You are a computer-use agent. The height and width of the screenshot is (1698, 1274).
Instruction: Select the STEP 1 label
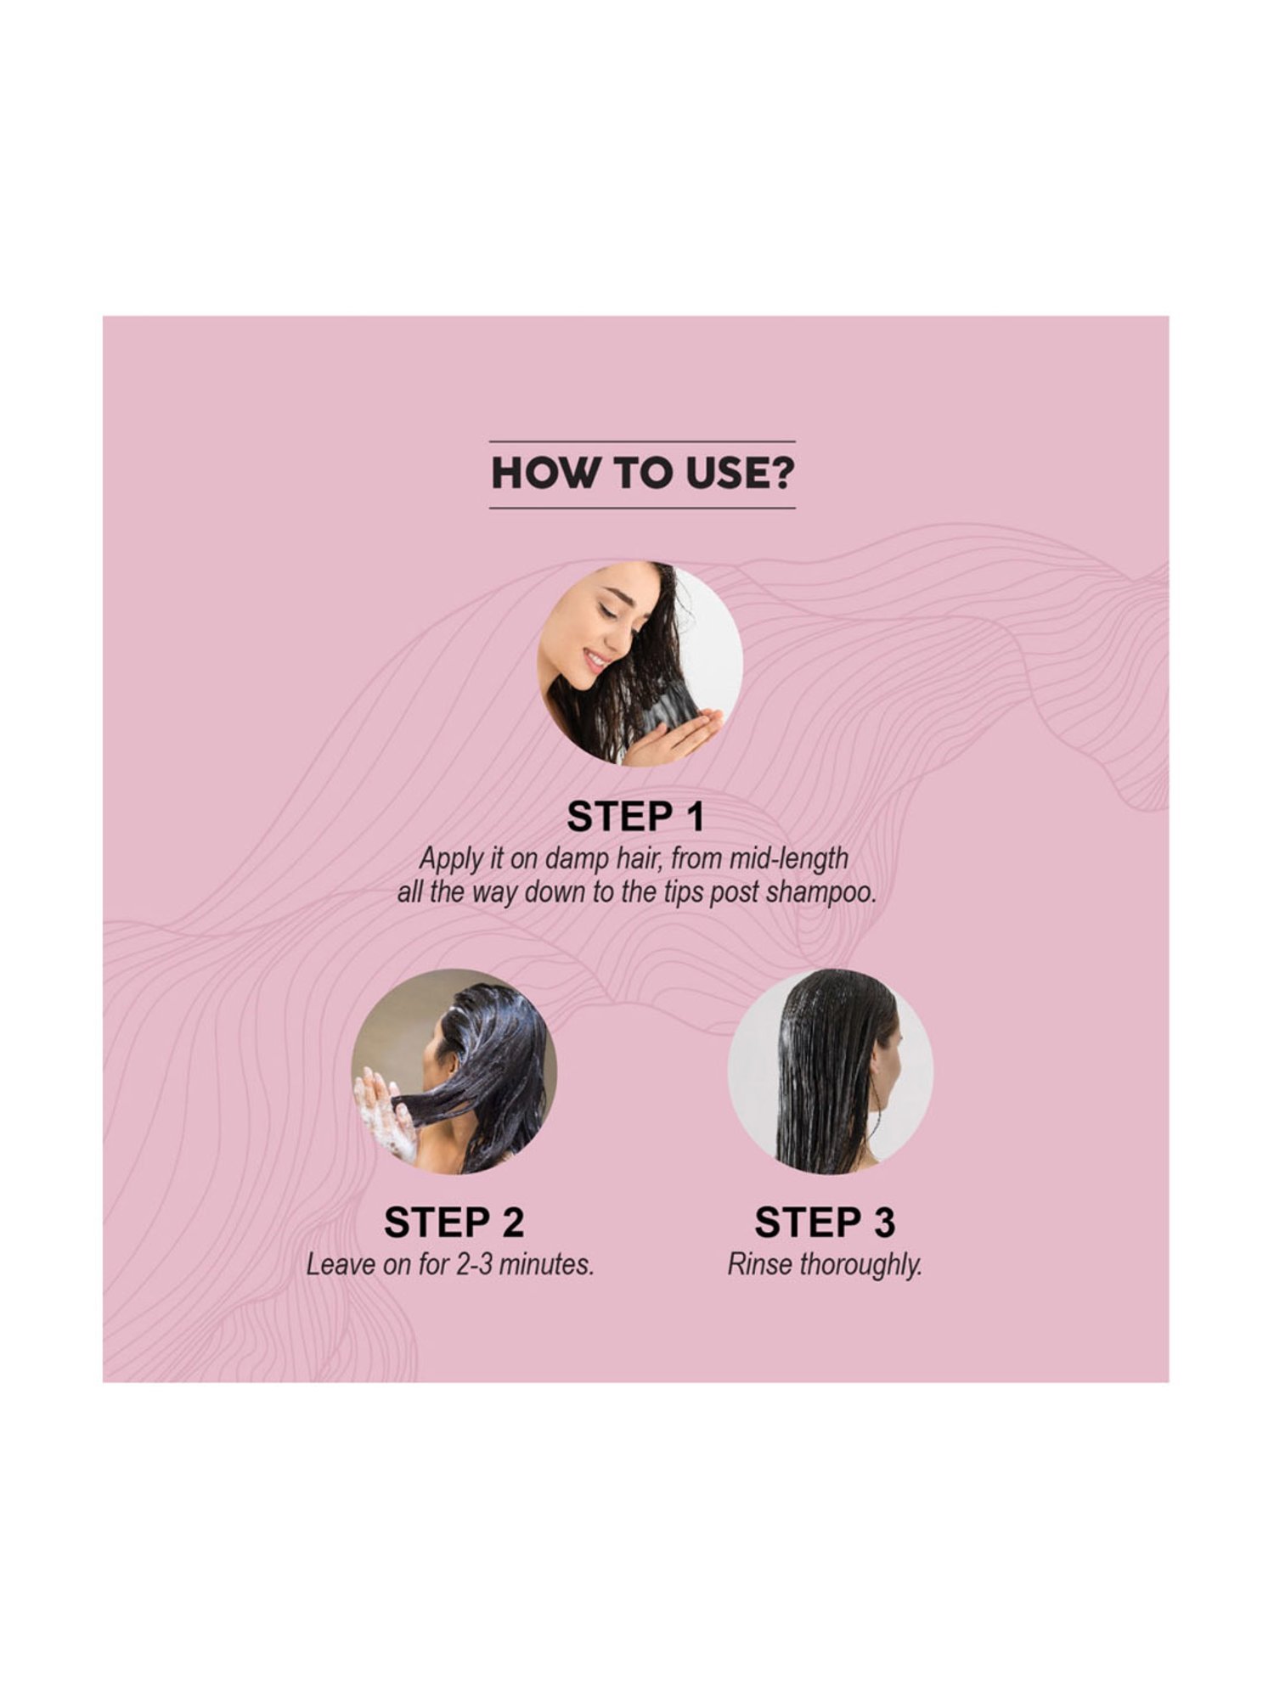point(636,817)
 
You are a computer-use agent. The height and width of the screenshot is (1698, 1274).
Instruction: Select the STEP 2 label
point(454,1223)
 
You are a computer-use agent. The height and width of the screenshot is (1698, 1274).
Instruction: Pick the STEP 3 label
point(825,1223)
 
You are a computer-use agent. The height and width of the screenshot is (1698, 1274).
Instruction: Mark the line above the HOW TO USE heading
point(642,441)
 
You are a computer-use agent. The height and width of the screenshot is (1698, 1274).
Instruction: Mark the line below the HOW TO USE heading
point(642,508)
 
